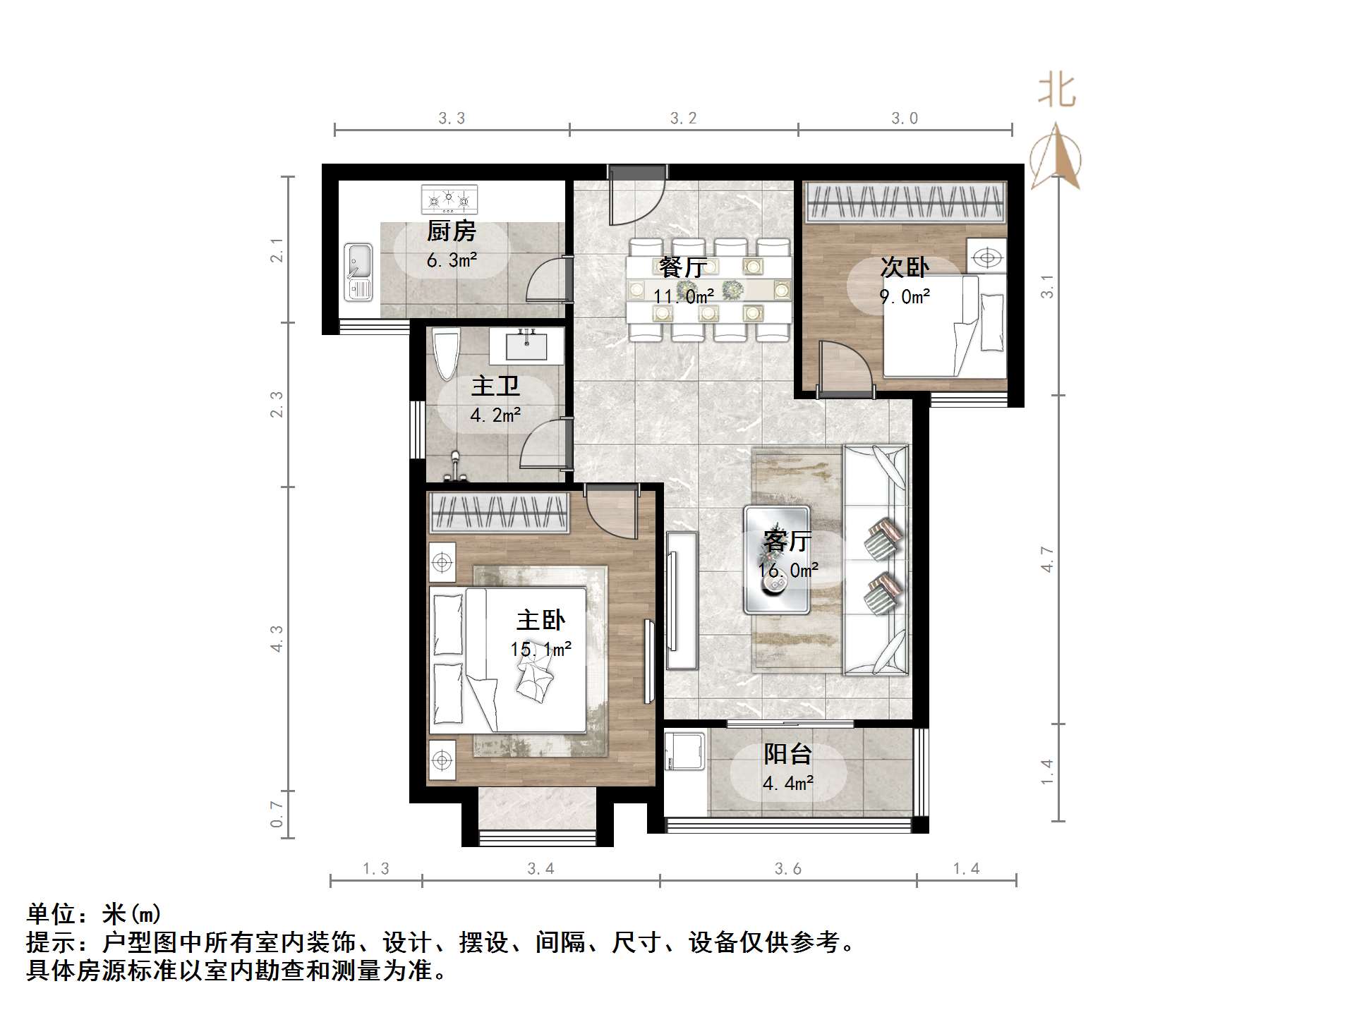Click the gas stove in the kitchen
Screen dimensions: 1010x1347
(x=449, y=199)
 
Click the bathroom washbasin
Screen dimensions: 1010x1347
(x=526, y=346)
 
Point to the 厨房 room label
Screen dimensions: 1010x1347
(x=452, y=231)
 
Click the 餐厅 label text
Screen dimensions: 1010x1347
(x=682, y=268)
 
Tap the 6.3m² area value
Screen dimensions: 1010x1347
(x=452, y=260)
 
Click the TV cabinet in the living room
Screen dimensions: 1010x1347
(x=681, y=600)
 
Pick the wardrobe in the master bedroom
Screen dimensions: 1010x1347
(x=499, y=512)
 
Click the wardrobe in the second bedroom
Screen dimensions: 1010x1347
(x=905, y=202)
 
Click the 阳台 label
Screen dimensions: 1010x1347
(x=787, y=754)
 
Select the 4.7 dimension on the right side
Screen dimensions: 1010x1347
(x=1047, y=559)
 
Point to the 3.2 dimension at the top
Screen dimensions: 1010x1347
(x=683, y=118)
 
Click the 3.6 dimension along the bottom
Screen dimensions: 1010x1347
(x=787, y=869)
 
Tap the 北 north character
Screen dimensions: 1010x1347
(x=1056, y=92)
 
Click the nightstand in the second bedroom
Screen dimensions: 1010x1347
(x=986, y=257)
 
